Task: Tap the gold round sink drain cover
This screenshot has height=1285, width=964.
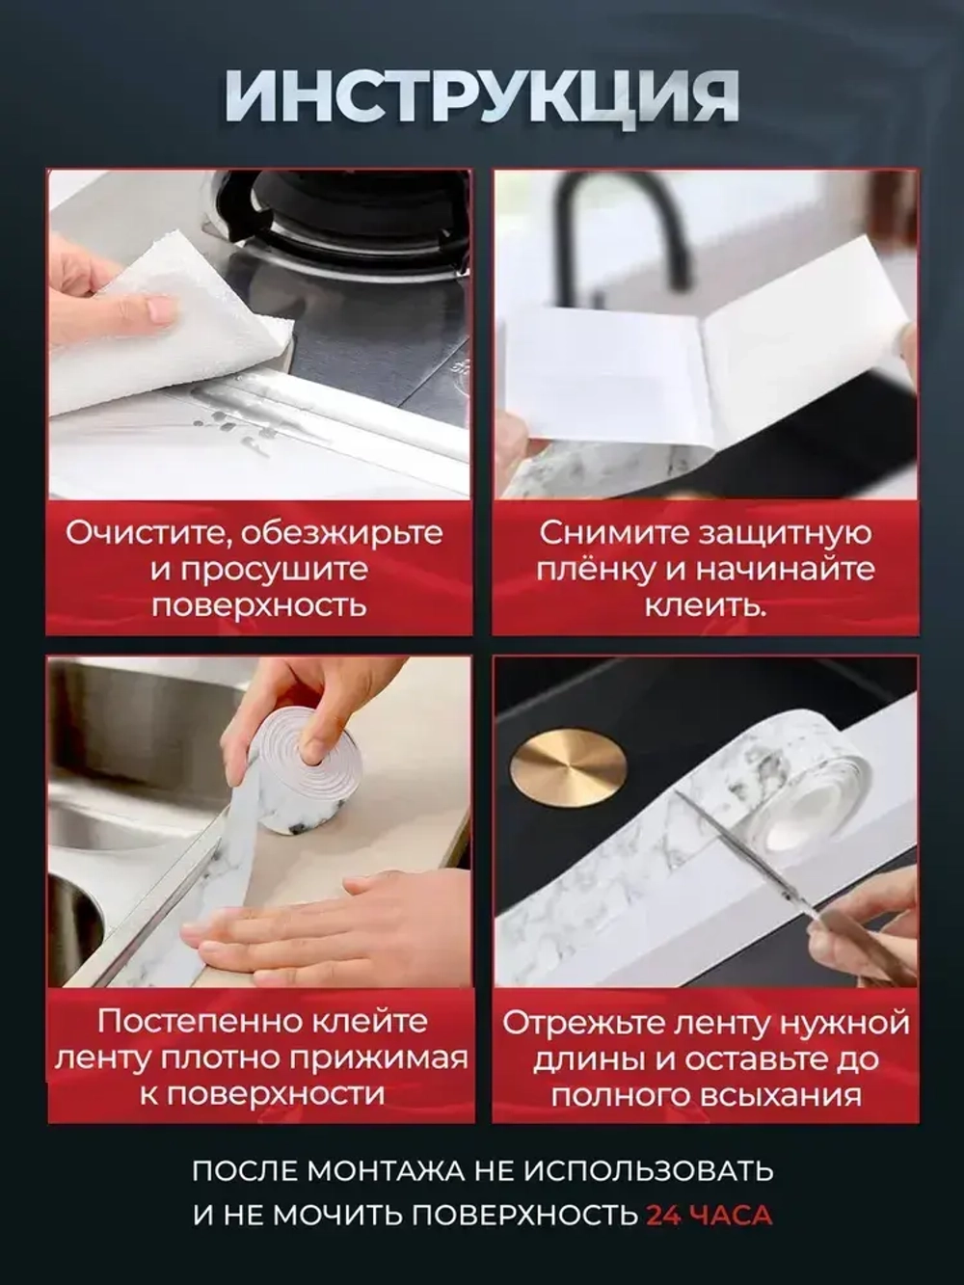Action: tap(569, 763)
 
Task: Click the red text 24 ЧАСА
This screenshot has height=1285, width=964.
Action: tap(710, 1216)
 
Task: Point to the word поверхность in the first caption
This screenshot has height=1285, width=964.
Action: tap(260, 606)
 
